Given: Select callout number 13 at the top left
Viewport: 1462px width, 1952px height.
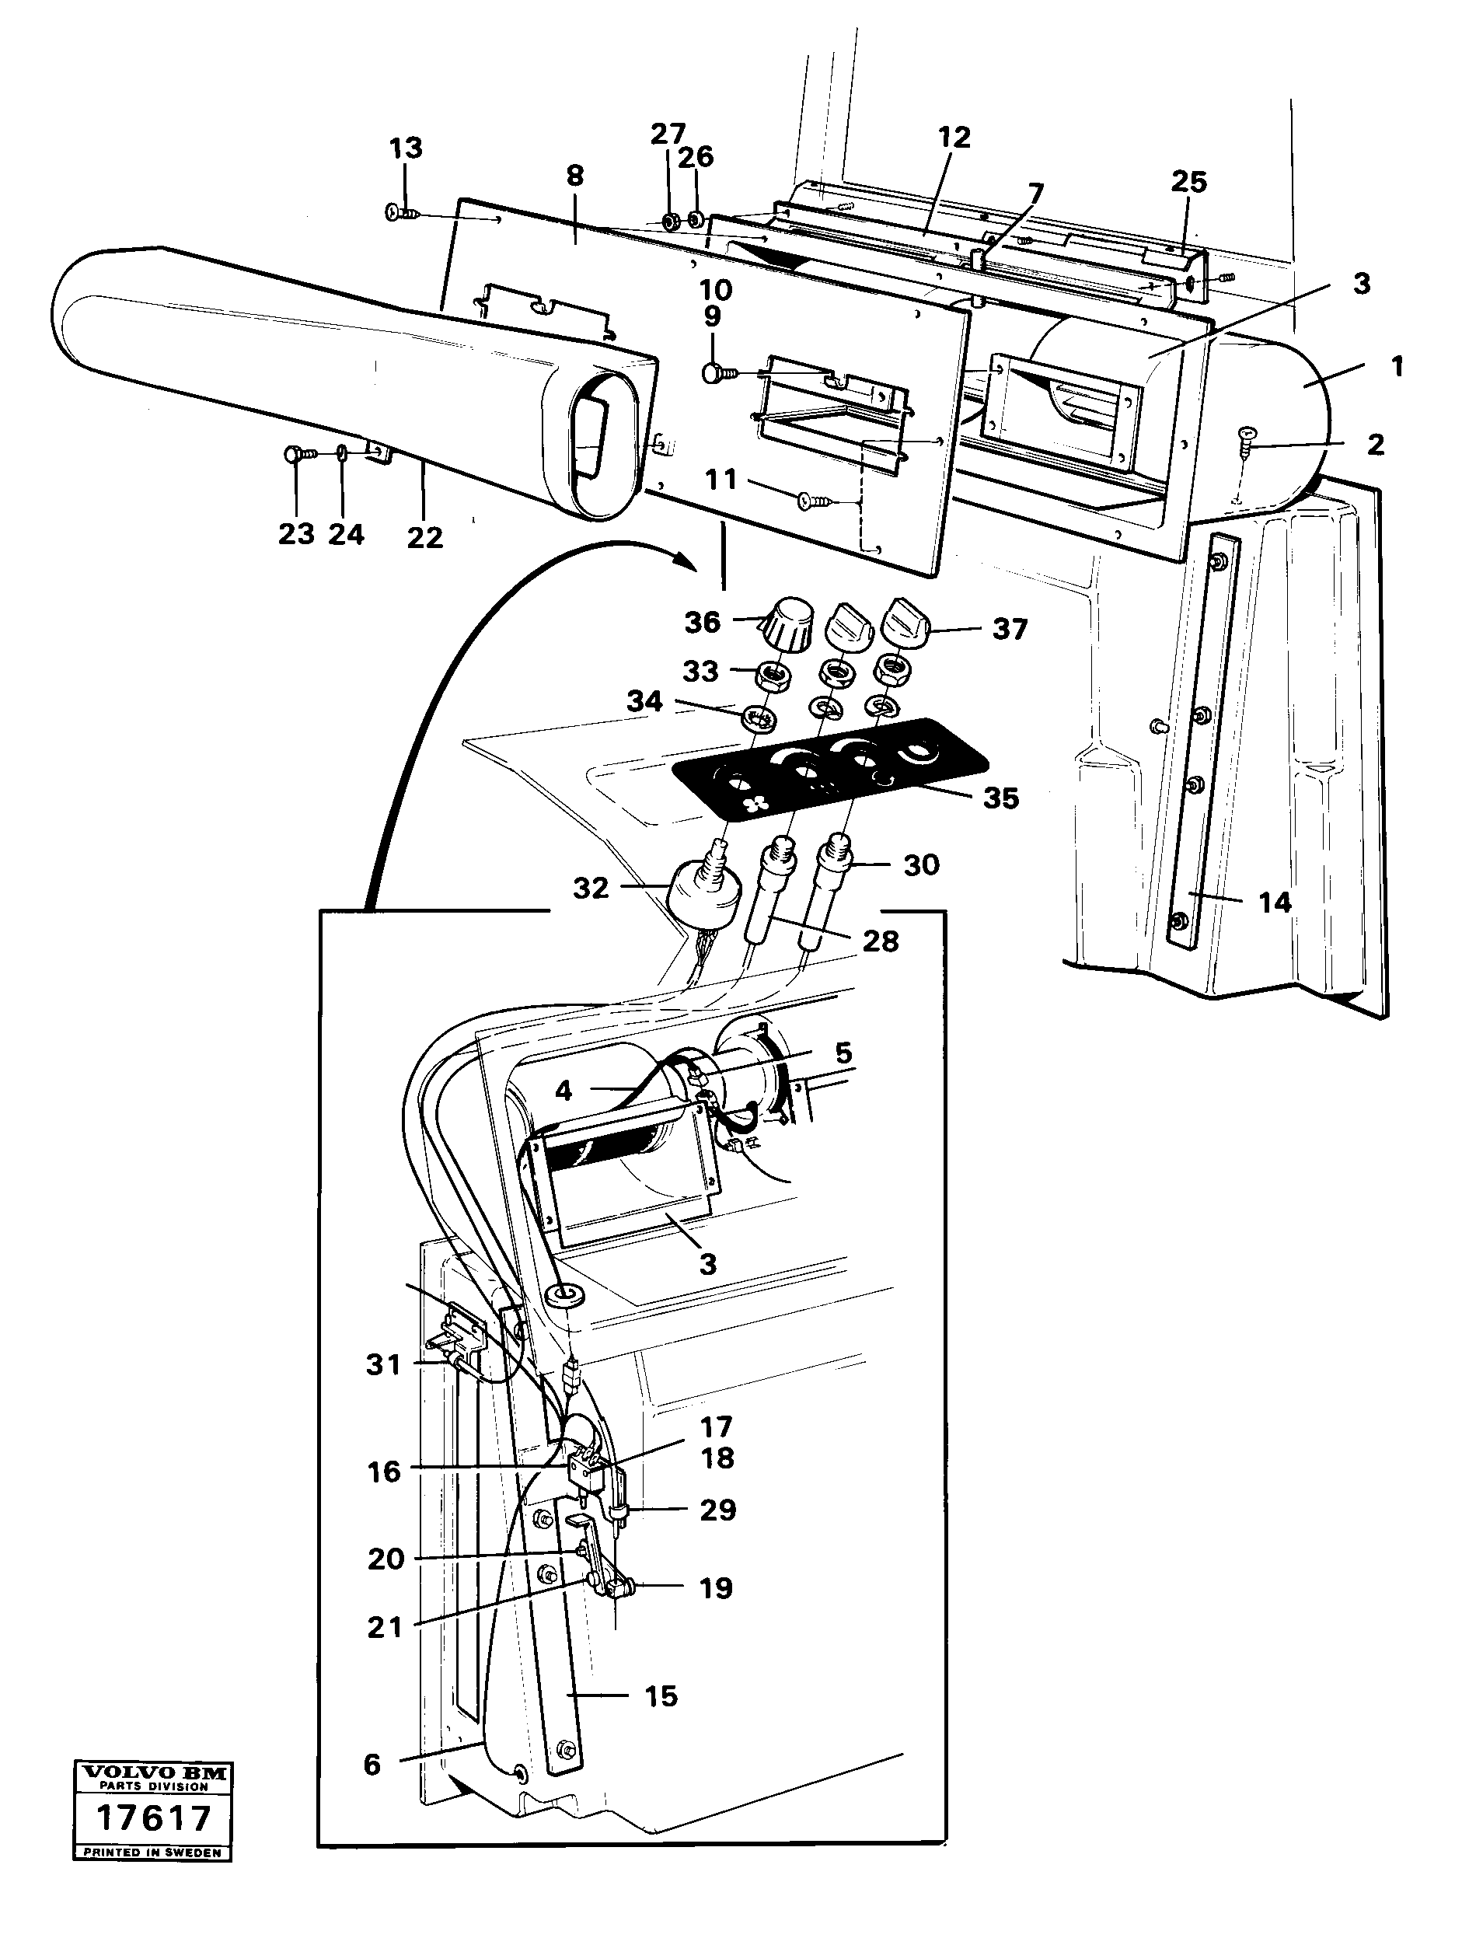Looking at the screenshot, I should (406, 148).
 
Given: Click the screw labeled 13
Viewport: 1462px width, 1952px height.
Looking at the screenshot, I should (399, 213).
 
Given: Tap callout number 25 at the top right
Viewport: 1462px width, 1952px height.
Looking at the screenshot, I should (1188, 182).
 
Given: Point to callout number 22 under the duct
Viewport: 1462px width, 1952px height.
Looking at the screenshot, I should (424, 537).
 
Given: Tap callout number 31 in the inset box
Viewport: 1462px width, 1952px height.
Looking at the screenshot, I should (383, 1365).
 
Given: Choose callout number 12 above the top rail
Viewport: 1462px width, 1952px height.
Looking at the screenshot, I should (954, 137).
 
